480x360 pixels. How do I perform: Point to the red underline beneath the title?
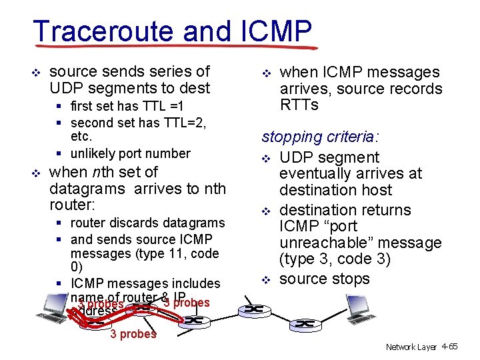[173, 47]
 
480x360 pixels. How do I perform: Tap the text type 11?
[162, 253]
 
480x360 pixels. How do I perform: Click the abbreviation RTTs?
[299, 105]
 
